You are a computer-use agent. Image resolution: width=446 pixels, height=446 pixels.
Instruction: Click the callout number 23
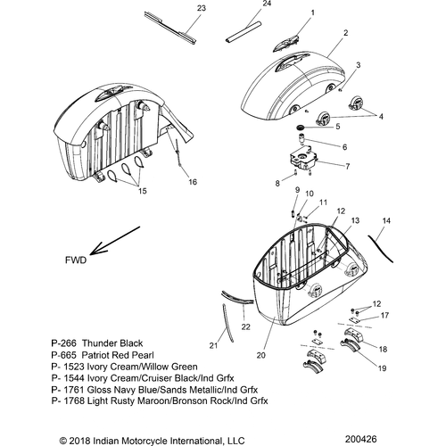point(202,8)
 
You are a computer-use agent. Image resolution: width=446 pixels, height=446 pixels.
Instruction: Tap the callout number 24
point(267,4)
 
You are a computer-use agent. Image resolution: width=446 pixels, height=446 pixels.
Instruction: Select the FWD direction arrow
point(115,241)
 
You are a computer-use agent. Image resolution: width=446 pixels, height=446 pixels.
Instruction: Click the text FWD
point(76,260)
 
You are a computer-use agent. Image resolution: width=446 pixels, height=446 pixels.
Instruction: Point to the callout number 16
point(193,182)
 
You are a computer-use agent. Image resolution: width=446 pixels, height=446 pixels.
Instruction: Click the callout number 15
point(143,191)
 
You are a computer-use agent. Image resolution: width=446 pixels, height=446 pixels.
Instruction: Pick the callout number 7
point(348,166)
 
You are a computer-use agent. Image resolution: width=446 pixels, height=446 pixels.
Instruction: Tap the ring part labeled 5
point(301,128)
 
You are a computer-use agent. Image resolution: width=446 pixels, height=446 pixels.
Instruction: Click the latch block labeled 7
point(303,159)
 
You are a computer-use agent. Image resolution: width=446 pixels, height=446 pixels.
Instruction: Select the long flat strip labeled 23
point(169,29)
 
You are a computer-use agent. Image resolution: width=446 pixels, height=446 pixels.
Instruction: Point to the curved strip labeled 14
point(380,249)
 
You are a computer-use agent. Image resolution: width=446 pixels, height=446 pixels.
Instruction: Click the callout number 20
point(260,355)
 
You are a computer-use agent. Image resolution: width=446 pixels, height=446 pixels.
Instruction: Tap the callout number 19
point(382,368)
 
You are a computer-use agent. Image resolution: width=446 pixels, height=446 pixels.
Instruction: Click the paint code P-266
point(63,343)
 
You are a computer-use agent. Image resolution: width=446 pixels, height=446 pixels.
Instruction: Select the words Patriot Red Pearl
point(118,355)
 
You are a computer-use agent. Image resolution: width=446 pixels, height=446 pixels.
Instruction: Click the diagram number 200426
point(360,439)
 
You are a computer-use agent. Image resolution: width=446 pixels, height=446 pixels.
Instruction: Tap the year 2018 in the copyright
point(80,441)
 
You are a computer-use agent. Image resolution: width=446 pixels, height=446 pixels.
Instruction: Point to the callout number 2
point(345,33)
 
